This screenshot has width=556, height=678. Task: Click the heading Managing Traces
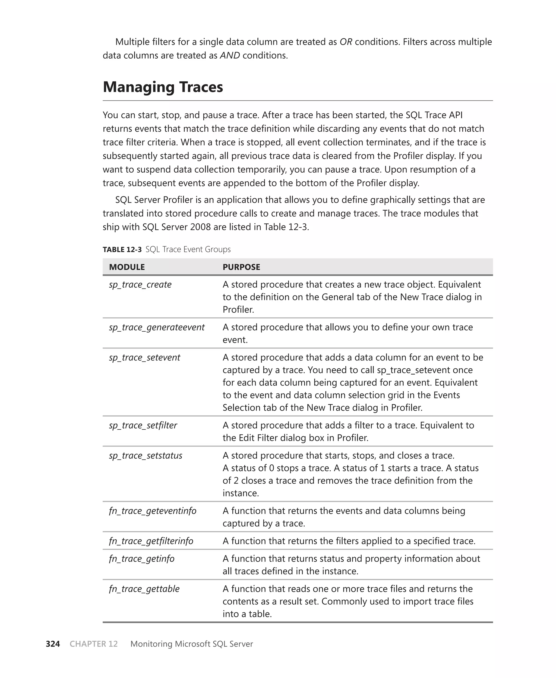(163, 87)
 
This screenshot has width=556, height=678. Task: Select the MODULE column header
(127, 267)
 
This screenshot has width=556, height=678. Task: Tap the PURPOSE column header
(241, 267)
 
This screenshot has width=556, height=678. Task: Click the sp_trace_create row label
(140, 284)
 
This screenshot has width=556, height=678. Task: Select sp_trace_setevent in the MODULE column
(144, 357)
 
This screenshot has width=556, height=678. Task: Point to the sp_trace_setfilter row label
(143, 425)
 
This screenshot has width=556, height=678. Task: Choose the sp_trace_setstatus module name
(146, 455)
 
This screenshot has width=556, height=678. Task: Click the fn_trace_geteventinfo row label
(153, 511)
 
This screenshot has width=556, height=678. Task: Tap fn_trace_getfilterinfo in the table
(151, 541)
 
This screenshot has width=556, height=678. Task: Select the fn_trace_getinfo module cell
(141, 559)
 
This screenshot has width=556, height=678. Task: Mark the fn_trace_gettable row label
(144, 589)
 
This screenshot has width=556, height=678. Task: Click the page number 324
(53, 644)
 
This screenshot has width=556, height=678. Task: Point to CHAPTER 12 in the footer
(93, 644)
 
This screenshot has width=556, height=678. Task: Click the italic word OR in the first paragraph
(346, 42)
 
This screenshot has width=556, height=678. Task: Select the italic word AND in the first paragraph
(230, 55)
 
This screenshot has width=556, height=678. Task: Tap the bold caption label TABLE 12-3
(122, 249)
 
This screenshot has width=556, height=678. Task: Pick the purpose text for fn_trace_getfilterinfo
(349, 541)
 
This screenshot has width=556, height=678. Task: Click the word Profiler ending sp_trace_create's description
(238, 309)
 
